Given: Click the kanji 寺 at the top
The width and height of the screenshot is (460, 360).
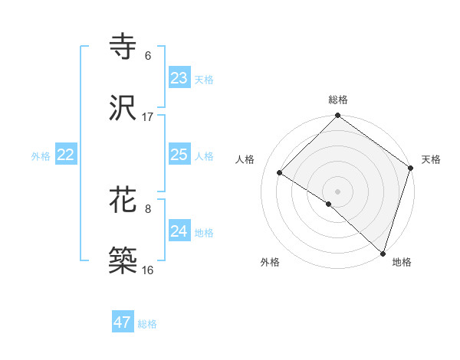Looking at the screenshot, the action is point(124,47).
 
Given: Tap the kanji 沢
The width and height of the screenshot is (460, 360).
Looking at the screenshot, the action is point(124,108).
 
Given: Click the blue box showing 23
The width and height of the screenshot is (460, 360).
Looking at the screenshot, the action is point(179,78).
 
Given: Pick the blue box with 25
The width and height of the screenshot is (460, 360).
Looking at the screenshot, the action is point(179,155).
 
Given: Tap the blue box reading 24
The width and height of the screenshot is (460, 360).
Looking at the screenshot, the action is point(179,231).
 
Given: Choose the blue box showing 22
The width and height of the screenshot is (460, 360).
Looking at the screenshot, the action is point(66,155).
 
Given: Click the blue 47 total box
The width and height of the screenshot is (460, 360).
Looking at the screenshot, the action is point(123,322).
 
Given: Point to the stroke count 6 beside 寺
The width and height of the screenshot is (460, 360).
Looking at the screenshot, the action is point(148,56).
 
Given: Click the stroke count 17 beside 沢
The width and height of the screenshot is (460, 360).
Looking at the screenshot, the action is point(148,117).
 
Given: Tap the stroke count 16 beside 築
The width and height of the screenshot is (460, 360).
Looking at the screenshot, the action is point(148,270).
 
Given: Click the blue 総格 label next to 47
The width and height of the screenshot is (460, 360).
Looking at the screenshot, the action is point(147,324).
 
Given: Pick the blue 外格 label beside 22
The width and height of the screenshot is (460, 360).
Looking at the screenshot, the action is point(41,156).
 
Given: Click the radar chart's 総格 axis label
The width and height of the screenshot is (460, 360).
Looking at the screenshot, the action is point(337,100).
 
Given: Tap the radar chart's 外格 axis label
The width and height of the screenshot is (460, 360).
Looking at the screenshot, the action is point(270,262).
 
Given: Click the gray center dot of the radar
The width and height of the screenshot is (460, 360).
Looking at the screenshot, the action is point(337,190).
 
